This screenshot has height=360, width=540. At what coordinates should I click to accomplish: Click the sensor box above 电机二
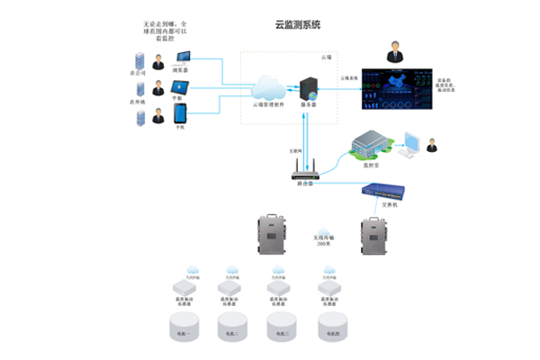233,289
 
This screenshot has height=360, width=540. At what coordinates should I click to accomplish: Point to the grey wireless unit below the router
269,233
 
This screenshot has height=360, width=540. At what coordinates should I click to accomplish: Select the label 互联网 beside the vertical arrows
294,149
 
